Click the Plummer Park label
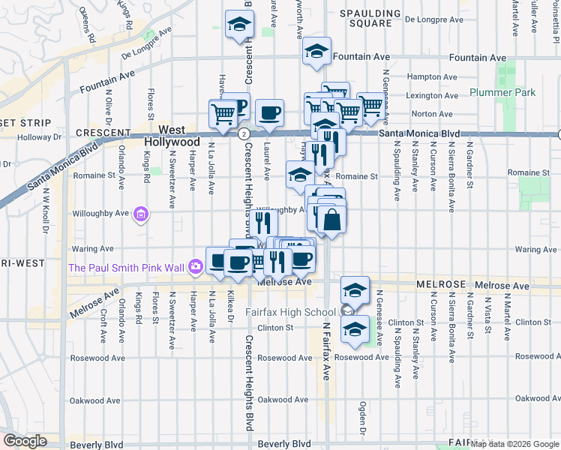pyautogui.click(x=502, y=92)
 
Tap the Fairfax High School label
pyautogui.click(x=293, y=312)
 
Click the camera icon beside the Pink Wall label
pyautogui.click(x=196, y=266)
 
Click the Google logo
pyautogui.click(x=24, y=441)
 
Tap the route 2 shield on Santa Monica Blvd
pyautogui.click(x=244, y=133)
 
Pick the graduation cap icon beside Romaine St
pyautogui.click(x=299, y=175)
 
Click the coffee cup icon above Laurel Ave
pyautogui.click(x=269, y=114)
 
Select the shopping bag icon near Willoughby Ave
pyautogui.click(x=331, y=220)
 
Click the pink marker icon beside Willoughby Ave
pyautogui.click(x=139, y=215)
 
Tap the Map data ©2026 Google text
pyautogui.click(x=515, y=444)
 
